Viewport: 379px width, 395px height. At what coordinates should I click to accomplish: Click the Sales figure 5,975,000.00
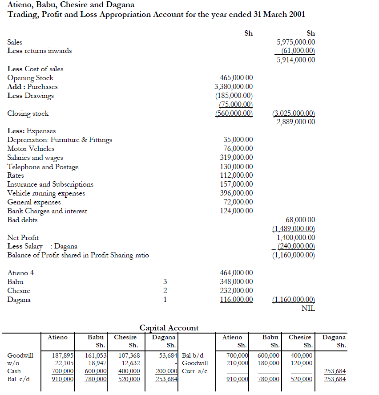296,42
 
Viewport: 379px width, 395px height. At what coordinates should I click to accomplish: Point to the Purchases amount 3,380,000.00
234,86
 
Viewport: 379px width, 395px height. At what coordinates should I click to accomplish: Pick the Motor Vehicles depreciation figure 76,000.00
238,148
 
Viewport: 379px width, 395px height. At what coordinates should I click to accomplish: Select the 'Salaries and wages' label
35,158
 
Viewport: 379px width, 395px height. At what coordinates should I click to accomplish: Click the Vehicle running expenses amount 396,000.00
236,193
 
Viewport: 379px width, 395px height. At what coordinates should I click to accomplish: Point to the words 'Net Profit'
23,237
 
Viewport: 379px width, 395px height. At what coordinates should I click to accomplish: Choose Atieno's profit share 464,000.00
236,273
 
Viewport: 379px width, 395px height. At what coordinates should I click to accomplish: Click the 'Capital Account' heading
169,328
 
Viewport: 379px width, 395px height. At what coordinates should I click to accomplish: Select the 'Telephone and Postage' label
43,167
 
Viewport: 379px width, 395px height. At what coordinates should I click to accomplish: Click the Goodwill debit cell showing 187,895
63,356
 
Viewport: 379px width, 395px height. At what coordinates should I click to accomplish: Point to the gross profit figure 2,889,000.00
296,122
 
